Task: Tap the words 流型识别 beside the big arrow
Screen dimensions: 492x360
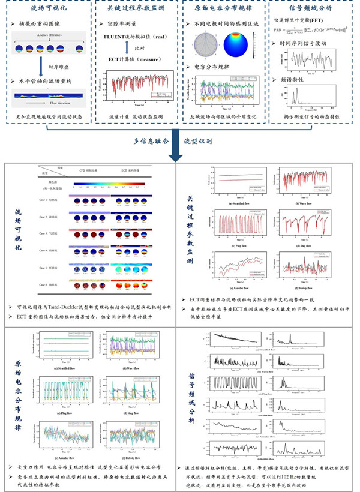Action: [213, 140]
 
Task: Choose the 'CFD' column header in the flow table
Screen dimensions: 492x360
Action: [92, 170]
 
